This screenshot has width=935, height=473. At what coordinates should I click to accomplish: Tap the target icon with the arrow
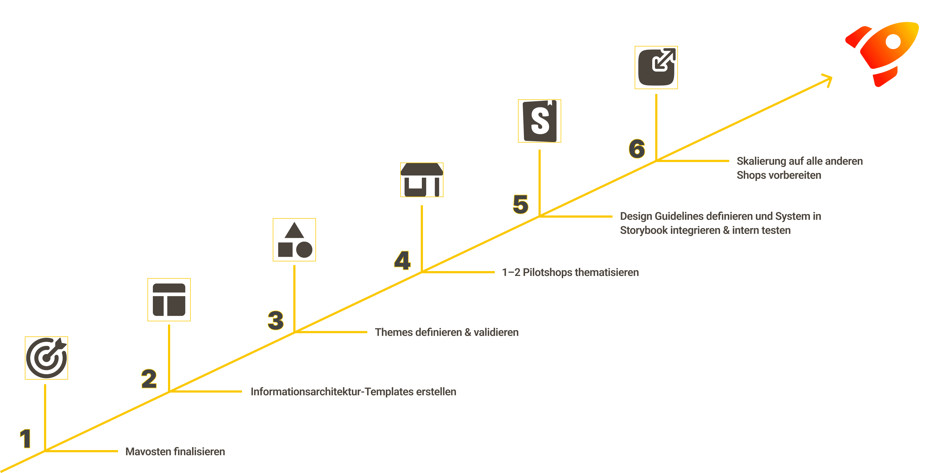(46, 358)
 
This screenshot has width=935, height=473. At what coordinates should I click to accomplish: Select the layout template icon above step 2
(169, 300)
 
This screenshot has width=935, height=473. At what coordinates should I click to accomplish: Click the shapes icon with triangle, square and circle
(294, 240)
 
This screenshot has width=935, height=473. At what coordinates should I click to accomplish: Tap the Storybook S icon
(539, 121)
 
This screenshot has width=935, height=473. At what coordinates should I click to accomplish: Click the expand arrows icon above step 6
(656, 67)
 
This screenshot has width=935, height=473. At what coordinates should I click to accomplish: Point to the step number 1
(25, 438)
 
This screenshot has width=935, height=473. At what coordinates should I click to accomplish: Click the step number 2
(149, 379)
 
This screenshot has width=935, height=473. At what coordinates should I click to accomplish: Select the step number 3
(275, 320)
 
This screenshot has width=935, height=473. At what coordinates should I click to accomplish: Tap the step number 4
(402, 261)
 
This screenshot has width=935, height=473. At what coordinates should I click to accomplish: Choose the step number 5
(520, 204)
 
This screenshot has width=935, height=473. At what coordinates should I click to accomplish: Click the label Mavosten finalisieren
(175, 452)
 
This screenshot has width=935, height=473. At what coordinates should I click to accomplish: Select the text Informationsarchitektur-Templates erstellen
(353, 392)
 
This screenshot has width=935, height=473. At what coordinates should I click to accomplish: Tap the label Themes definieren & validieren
(446, 332)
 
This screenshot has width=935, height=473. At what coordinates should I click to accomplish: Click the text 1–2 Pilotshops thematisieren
(570, 272)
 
